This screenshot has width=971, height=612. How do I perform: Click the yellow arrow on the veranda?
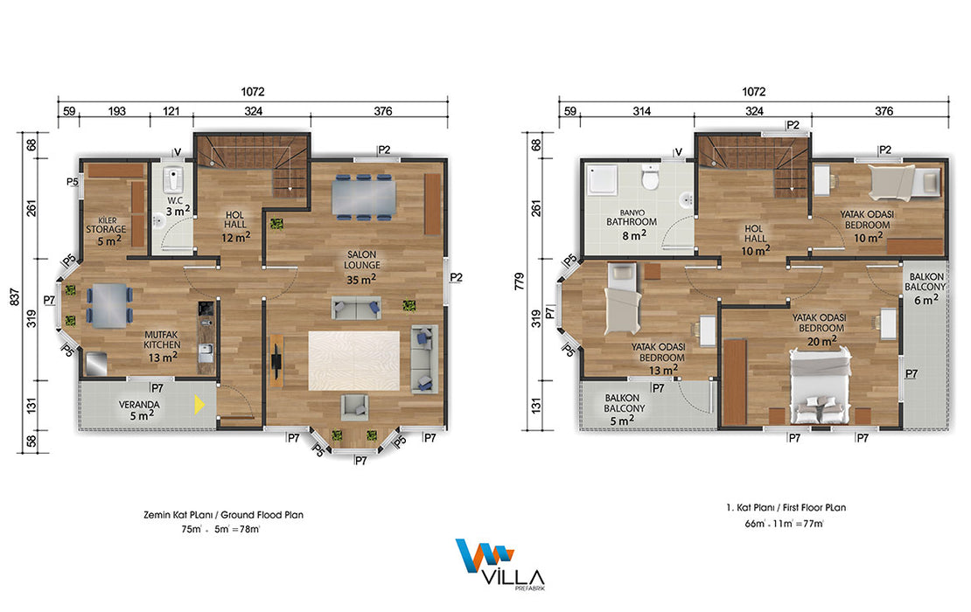(199, 405)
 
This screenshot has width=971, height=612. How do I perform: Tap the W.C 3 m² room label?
(177, 206)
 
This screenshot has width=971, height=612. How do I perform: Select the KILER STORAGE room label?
(107, 230)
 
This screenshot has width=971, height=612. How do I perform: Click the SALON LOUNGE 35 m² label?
(362, 268)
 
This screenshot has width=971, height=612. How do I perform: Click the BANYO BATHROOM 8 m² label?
(632, 224)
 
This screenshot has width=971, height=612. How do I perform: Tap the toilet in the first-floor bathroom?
(650, 177)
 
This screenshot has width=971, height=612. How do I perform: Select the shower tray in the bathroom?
(604, 179)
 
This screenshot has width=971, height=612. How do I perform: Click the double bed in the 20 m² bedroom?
(820, 385)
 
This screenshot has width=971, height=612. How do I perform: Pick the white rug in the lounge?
(354, 360)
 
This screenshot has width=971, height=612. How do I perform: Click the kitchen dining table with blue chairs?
(109, 305)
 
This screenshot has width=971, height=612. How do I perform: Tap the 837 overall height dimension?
(14, 297)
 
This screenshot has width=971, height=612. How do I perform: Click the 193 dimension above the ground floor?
(116, 111)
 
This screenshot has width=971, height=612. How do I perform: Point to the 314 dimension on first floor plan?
(641, 111)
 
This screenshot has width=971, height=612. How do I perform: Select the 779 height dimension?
(519, 282)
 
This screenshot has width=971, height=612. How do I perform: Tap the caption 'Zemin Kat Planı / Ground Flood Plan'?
(224, 515)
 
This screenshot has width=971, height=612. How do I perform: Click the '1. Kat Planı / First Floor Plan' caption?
(786, 507)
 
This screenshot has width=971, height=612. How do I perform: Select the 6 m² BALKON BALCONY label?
(926, 289)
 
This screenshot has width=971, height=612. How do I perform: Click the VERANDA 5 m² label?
(139, 410)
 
